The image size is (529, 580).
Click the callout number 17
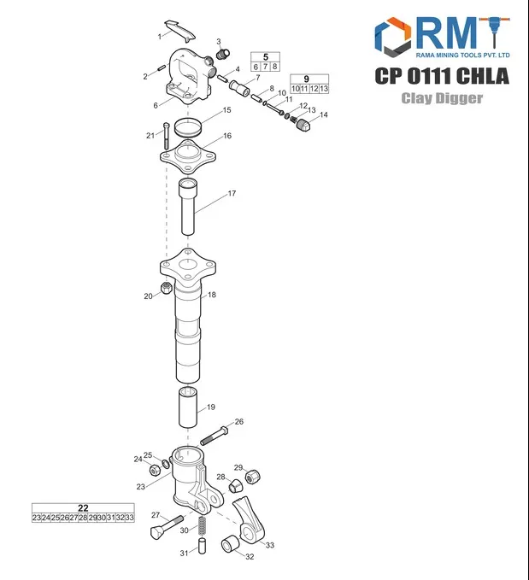231,194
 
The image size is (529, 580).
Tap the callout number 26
239,421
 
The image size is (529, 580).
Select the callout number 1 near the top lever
159,37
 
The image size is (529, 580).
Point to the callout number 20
148,296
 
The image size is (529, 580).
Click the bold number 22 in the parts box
83,507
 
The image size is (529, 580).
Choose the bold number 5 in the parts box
265,56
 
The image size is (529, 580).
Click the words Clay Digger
443,98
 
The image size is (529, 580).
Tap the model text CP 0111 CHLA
442,76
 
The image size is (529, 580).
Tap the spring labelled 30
203,527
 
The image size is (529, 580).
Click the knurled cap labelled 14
302,126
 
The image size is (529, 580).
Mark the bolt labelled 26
214,434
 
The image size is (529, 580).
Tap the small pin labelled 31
203,548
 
